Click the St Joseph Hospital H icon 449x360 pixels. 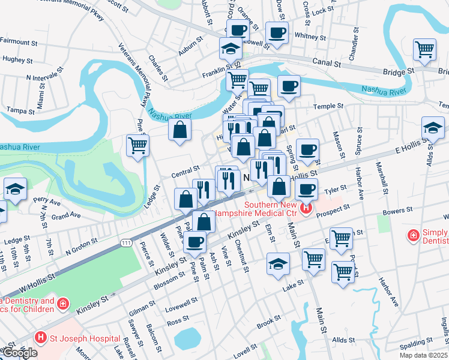point(40,338)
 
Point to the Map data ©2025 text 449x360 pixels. point(423,355)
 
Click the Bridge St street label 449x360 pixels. point(399,71)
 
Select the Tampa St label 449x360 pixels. point(19,110)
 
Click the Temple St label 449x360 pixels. point(328,106)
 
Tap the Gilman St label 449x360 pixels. point(142,311)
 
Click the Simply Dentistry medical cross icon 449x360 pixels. point(414,235)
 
